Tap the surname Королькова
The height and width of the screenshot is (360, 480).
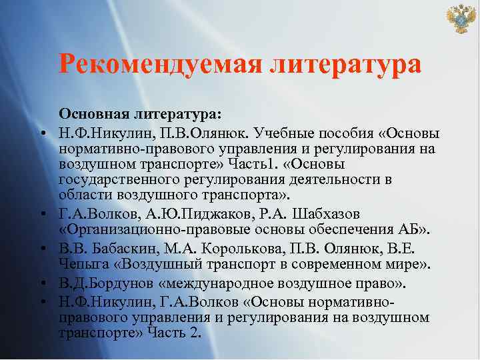238,249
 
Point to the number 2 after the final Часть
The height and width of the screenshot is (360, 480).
196,333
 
